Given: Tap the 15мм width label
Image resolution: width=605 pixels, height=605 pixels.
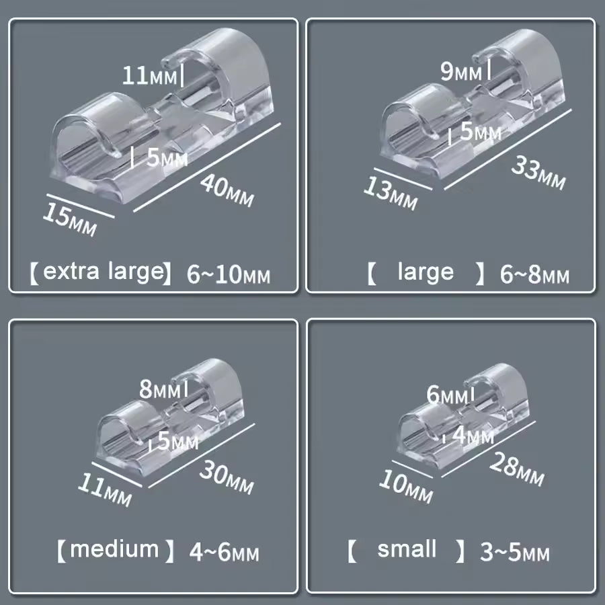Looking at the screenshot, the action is tap(70, 220).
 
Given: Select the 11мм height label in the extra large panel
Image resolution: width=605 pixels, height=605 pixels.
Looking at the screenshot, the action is tap(149, 75).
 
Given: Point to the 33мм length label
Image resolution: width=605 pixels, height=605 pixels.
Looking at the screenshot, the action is tap(538, 173).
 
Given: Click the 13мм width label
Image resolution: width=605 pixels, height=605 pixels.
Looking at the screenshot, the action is tap(391, 194).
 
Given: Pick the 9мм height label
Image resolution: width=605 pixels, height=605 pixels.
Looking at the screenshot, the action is tap(461, 72).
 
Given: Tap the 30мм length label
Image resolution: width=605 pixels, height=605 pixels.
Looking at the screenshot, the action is tap(227, 477).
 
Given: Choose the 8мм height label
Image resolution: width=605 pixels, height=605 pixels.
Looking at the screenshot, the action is tap(160, 389).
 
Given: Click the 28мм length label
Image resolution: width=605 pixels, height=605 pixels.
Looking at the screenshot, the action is tap(517, 469).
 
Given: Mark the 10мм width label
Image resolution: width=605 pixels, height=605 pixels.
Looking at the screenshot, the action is tap(406, 487).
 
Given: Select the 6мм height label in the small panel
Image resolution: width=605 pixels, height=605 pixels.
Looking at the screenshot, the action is tap(447, 395).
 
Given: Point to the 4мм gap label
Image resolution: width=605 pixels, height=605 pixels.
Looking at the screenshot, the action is tap(473, 435).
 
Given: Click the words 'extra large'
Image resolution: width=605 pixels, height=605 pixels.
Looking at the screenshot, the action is tap(104, 272).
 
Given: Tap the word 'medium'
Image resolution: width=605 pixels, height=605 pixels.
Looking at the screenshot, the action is tap(114, 549).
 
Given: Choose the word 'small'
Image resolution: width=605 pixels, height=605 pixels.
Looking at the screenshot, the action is tap(407, 549).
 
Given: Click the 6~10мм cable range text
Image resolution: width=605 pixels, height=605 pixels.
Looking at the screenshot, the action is tap(229, 275).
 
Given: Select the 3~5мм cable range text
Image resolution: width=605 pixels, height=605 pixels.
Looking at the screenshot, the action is tap(515, 552).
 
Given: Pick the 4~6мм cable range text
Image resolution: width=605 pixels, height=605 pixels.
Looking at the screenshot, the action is tap(224, 552).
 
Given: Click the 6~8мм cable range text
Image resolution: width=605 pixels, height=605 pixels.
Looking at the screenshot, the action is tap(534, 275).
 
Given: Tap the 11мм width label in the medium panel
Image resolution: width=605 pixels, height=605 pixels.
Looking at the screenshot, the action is tap(105, 489).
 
